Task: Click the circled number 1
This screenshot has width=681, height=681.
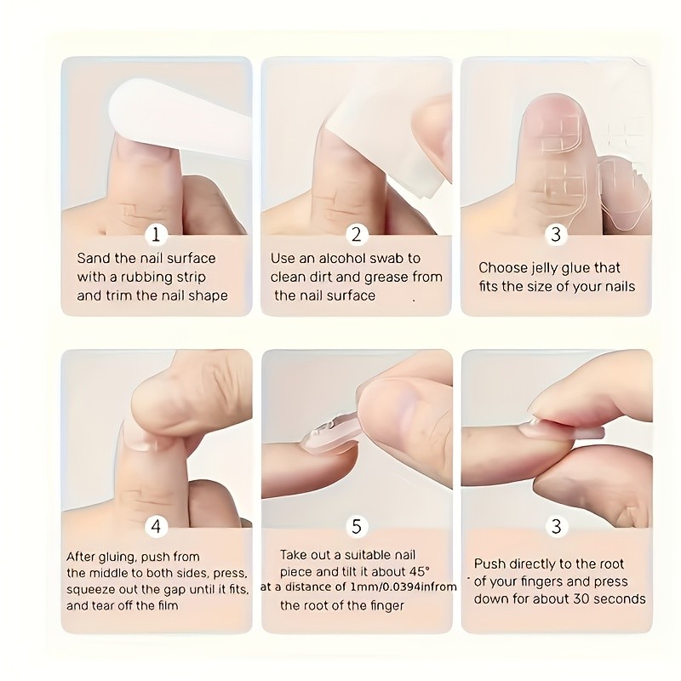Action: coord(156,235)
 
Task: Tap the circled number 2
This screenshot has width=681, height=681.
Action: coord(357,235)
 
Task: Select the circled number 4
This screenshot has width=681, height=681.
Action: coord(156,526)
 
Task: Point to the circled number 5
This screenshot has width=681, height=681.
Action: coord(357,526)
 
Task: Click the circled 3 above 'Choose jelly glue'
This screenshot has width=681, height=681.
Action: coord(556,235)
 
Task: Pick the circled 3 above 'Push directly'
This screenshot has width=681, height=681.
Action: coord(557,526)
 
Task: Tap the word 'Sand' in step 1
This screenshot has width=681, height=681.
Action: coord(94,259)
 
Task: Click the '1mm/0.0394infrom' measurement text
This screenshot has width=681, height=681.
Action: coord(403,587)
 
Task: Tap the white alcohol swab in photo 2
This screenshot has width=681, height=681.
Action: coord(386,139)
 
